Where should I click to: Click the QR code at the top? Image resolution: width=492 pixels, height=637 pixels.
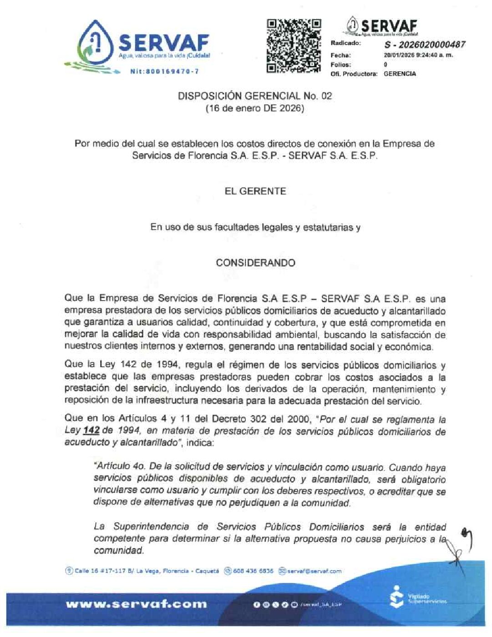click(x=294, y=45)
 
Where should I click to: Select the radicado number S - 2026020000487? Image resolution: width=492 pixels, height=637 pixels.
click(x=425, y=45)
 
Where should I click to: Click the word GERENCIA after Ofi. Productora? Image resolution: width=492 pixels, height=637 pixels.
click(x=400, y=74)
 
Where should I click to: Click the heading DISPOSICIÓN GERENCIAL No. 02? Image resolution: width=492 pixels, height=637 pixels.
click(x=255, y=96)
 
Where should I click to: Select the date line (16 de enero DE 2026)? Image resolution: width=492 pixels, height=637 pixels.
click(x=255, y=109)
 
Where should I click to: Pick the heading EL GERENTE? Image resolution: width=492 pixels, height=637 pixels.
click(x=255, y=191)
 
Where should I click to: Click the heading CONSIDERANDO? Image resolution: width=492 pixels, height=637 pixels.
click(x=255, y=263)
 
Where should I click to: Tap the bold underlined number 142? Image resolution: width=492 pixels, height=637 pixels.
click(x=91, y=430)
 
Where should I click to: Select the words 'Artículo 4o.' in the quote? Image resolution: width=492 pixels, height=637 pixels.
click(x=119, y=467)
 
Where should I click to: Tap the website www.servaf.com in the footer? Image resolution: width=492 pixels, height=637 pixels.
click(x=136, y=604)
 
